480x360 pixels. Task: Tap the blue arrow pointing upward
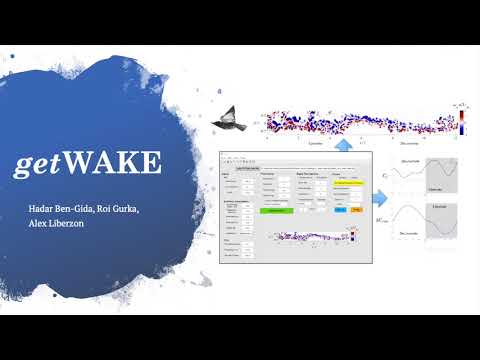click(x=342, y=144)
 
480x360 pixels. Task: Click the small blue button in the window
click(x=338, y=210)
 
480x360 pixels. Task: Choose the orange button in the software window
click(x=357, y=210)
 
